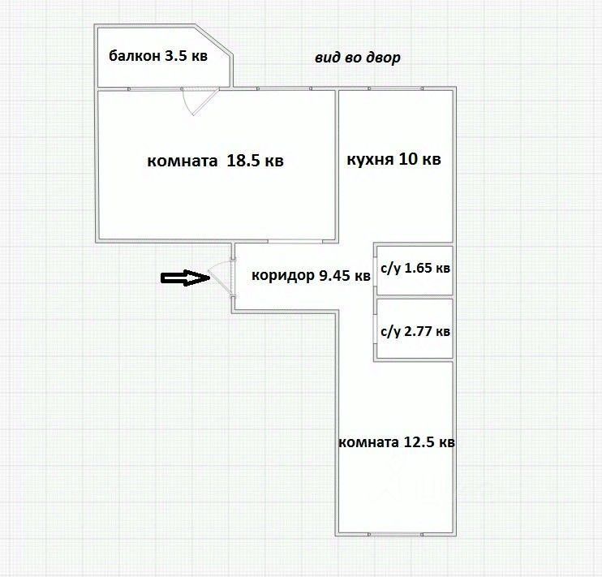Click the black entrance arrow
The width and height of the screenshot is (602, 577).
tap(185, 278)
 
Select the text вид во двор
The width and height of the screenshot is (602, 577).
tap(358, 58)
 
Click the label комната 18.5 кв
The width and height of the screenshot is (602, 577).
tap(215, 161)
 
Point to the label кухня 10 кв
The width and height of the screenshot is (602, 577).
tap(393, 159)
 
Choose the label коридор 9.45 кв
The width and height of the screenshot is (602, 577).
tap(311, 276)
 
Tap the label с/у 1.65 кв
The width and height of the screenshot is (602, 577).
tap(415, 269)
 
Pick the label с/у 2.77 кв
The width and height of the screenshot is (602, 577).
tap(415, 331)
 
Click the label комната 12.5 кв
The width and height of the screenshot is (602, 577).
tap(396, 442)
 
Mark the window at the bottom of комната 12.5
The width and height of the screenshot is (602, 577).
tap(394, 534)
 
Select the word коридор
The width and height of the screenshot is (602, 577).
tap(281, 276)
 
